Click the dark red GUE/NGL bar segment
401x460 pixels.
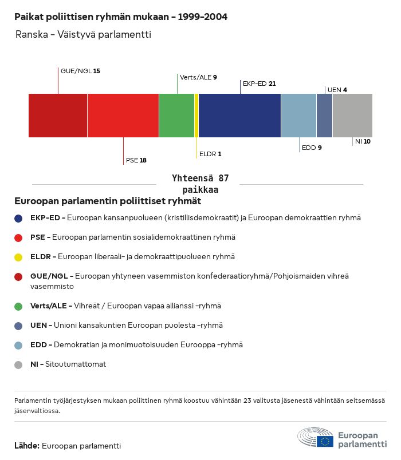[x=58, y=116]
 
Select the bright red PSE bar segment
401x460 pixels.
[x=123, y=116]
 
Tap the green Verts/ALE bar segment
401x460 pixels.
[x=176, y=116]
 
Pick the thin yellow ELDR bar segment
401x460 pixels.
[x=196, y=116]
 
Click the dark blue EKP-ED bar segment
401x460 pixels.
[x=239, y=116]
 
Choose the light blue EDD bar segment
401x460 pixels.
[x=298, y=116]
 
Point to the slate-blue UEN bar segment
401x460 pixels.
[x=324, y=116]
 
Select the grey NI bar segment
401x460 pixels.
[x=352, y=116]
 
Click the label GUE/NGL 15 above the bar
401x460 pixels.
[x=80, y=71]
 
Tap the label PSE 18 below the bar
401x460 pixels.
[x=136, y=160]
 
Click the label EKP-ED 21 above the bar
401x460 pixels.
[x=259, y=84]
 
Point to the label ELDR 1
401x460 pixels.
[x=210, y=154]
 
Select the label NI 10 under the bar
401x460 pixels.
[x=363, y=141]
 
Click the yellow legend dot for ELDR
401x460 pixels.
[x=19, y=257]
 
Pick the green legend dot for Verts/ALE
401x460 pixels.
[x=19, y=306]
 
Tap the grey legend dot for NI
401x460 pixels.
[x=19, y=364]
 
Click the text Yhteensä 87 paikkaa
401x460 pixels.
[x=200, y=184]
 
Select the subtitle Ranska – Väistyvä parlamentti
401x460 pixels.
[x=83, y=35]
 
